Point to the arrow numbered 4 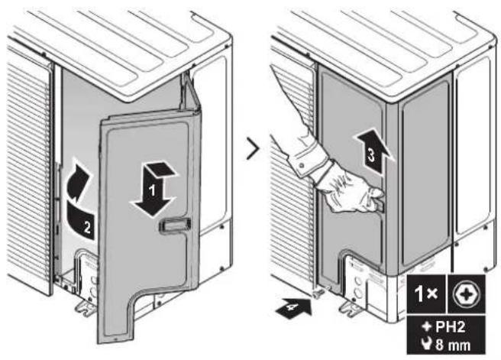coord(293,308)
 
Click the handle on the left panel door coord(175,225)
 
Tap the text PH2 coord(450,326)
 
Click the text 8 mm coord(453,345)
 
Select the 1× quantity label coord(426,294)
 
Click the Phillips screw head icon coord(466,294)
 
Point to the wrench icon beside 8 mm coord(427,344)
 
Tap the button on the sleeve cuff coord(302,165)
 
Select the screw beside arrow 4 coord(316,293)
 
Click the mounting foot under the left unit coord(84,307)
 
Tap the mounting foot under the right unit coord(351,308)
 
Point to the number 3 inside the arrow coord(371,155)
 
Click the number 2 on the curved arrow coord(87,227)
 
